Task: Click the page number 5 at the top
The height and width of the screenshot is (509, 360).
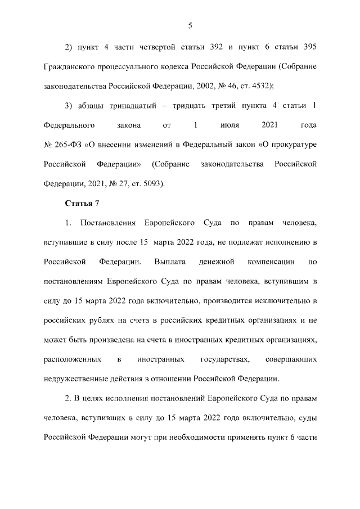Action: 190,25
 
